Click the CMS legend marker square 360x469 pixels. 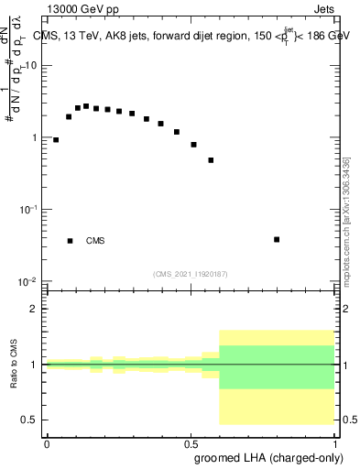coord(70,241)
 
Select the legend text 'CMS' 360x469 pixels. coord(95,241)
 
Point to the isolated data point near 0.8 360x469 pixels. coord(277,239)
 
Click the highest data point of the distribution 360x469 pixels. coord(86,106)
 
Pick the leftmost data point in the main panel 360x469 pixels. coord(56,140)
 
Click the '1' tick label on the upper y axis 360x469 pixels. coord(35,137)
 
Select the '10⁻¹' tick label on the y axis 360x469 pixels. coord(30,209)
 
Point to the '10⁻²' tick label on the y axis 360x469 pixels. coord(30,280)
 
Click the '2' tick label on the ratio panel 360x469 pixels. coord(34,309)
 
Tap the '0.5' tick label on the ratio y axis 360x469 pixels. coord(29,420)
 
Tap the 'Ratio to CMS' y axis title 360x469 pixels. coord(12,364)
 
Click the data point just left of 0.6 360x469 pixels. coord(211,160)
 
